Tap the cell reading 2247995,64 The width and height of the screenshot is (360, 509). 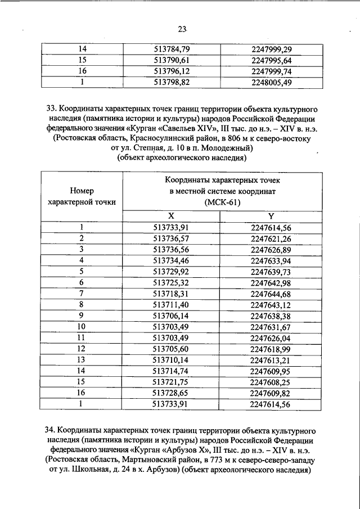271,61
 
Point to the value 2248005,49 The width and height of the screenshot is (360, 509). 271,82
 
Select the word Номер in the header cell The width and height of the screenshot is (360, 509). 82,191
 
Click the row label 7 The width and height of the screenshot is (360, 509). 82,293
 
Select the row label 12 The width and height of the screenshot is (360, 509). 82,348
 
